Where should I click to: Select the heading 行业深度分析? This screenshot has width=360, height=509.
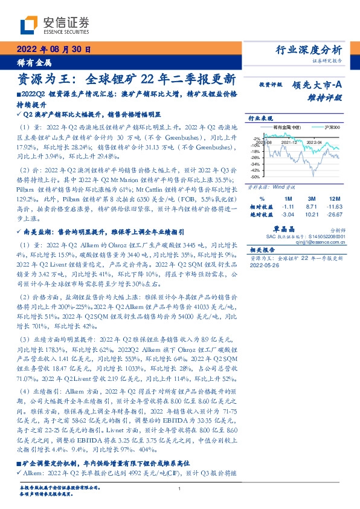point(309,50)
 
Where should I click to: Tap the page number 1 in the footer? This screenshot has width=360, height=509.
point(179,497)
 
